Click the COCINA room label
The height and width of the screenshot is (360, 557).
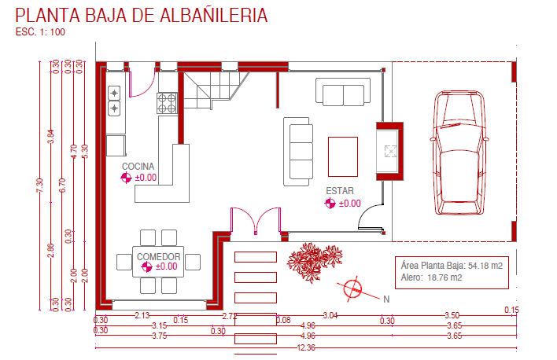138,167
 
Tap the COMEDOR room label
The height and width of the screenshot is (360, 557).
158,257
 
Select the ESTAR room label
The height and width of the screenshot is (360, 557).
340,191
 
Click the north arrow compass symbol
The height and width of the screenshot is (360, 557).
353,288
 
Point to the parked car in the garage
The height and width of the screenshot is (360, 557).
459,153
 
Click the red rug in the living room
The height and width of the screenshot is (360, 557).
343,156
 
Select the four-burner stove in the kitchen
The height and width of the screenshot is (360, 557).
167,103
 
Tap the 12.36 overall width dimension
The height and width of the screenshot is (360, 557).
306,347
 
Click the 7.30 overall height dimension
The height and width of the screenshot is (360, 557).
39,186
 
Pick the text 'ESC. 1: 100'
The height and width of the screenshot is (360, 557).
40,32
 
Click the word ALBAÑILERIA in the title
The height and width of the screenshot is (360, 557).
213,15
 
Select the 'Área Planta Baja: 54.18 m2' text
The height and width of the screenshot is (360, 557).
452,266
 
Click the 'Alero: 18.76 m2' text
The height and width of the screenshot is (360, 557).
431,277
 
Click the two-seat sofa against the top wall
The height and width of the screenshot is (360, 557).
343,92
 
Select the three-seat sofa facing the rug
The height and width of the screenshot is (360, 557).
298,152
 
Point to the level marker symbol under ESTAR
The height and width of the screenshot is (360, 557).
330,204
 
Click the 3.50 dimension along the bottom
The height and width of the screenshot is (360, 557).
452,315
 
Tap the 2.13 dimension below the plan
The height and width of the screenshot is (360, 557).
142,315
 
